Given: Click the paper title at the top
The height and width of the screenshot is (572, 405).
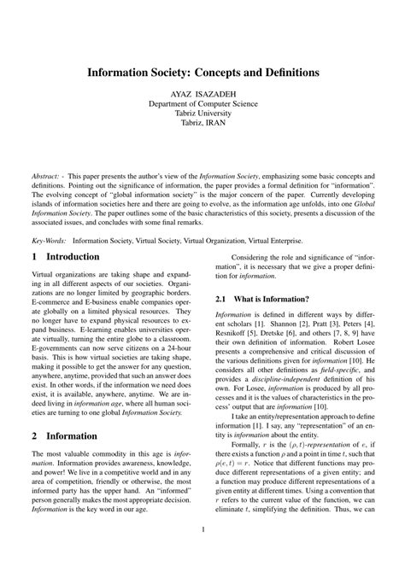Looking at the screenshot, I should (x=202, y=73).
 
